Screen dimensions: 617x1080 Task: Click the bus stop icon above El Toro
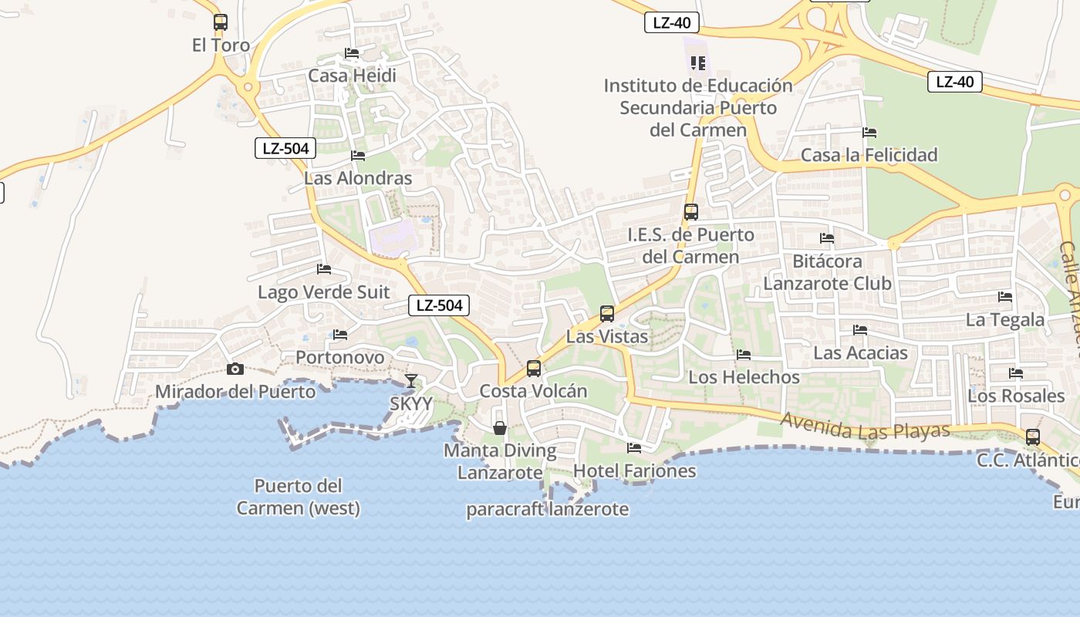pos(221,22)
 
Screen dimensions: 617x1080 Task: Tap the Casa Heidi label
pos(352,76)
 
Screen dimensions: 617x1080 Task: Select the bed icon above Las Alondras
pos(358,156)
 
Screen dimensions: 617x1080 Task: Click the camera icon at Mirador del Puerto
pos(235,369)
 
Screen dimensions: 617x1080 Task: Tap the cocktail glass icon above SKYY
pos(411,381)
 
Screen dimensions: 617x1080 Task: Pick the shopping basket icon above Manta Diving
pos(500,428)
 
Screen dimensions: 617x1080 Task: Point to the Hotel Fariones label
pos(634,470)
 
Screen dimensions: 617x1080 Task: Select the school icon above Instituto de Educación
pos(698,63)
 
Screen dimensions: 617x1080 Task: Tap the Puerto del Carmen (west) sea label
pos(298,497)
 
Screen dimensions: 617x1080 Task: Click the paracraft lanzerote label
pos(547,509)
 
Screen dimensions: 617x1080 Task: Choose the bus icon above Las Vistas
pos(607,314)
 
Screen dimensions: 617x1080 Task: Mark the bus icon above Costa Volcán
pos(534,369)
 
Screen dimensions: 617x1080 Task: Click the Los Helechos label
pos(744,377)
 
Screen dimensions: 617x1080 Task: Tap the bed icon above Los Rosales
pos(1016,373)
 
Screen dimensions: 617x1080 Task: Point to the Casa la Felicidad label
pos(869,155)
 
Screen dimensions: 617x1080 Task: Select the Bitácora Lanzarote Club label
pos(827,272)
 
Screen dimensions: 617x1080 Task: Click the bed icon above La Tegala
pos(1005,296)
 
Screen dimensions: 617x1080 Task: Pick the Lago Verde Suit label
pos(324,292)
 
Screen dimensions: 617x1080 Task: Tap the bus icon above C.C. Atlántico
pos(1033,437)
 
